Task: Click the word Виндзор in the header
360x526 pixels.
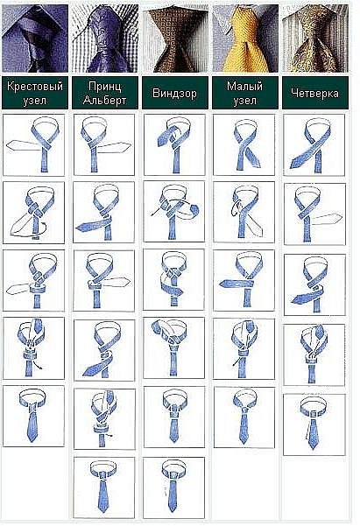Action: click(174, 93)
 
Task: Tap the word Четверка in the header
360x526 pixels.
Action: click(315, 93)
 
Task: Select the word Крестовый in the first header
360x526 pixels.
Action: click(35, 87)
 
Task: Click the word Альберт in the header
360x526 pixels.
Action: click(105, 101)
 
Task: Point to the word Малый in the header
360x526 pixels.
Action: click(244, 87)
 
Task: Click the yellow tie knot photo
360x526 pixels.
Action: click(245, 39)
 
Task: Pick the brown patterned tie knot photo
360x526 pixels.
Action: click(175, 39)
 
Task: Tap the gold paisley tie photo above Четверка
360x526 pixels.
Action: click(315, 39)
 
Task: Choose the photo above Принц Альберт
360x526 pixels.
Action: click(105, 39)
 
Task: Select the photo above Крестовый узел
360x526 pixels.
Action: click(35, 39)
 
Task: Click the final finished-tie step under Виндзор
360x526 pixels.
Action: click(173, 487)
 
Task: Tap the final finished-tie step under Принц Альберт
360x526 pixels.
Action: click(104, 487)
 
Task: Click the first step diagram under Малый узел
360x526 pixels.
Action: click(244, 144)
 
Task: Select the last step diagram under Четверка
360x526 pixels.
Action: click(314, 424)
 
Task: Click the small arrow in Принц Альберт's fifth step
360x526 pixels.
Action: click(109, 436)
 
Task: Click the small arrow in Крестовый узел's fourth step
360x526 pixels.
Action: click(39, 366)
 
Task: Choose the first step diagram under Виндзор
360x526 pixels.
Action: click(174, 144)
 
